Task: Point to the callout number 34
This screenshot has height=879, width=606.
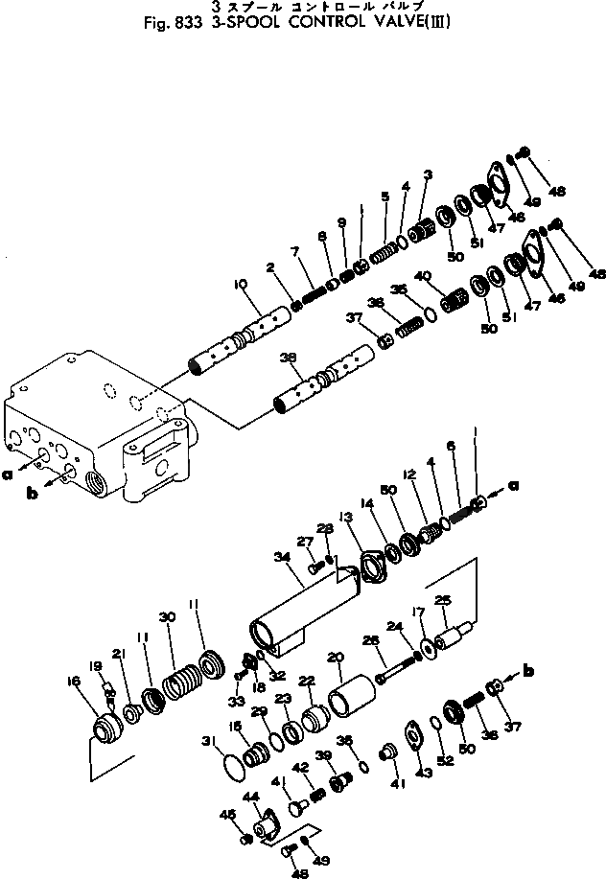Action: click(x=282, y=556)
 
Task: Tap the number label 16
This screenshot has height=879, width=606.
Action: click(x=87, y=683)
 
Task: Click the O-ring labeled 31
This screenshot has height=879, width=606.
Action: click(x=233, y=769)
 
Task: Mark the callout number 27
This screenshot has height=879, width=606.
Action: click(x=306, y=542)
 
